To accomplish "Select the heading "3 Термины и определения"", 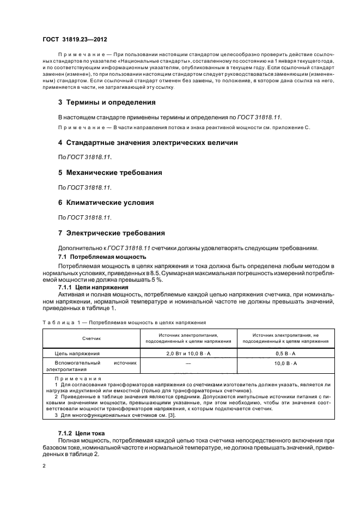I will (x=107, y=102).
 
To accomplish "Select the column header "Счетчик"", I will (x=91, y=338).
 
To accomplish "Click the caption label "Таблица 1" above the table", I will (x=61, y=322).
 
